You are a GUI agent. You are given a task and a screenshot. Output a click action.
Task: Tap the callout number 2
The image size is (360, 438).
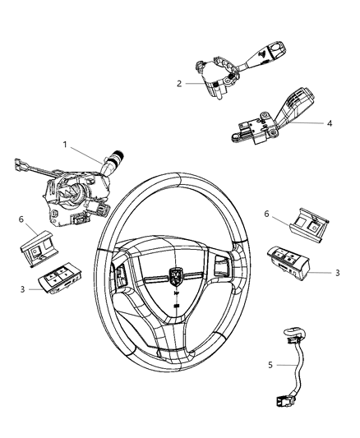(178, 83)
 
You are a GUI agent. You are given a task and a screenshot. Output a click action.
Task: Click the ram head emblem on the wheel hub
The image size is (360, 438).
(176, 277)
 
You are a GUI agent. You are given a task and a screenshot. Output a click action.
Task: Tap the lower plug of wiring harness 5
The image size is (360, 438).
(279, 402)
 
